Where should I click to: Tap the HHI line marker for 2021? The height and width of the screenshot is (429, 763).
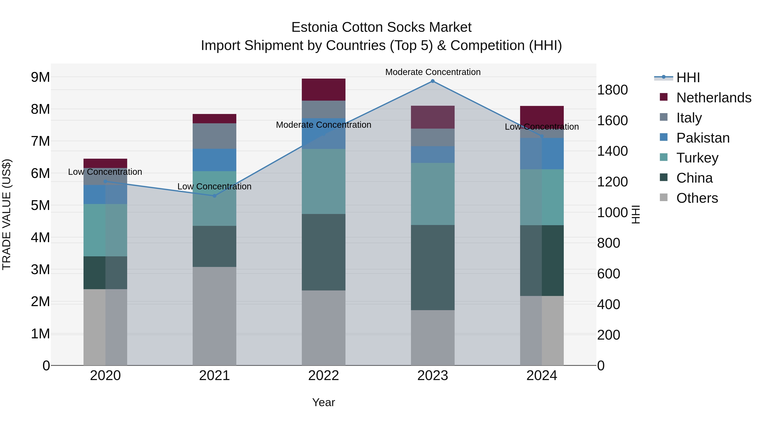click(214, 196)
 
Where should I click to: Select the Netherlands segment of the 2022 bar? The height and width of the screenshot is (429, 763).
click(323, 89)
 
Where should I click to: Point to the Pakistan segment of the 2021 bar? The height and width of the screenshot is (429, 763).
click(214, 160)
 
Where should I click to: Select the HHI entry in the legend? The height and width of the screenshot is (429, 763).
click(688, 78)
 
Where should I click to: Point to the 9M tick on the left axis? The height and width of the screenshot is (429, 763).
click(40, 77)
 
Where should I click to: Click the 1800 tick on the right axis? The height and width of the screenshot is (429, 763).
click(612, 90)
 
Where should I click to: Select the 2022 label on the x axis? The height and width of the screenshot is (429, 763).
click(323, 376)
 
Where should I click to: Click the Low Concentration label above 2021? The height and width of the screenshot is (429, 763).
click(214, 186)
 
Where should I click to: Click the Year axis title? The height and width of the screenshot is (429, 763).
click(323, 402)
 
